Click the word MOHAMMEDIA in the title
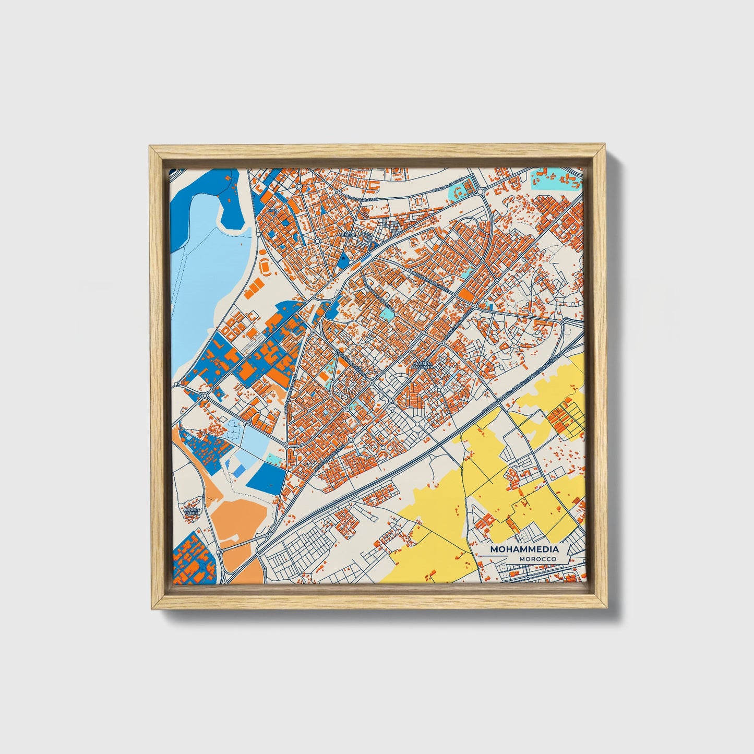(x=524, y=549)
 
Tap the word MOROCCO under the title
(x=537, y=559)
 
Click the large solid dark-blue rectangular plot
(x=265, y=476)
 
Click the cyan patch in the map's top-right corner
(x=555, y=178)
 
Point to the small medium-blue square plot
(x=237, y=471)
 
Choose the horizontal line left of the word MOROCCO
(x=498, y=559)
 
